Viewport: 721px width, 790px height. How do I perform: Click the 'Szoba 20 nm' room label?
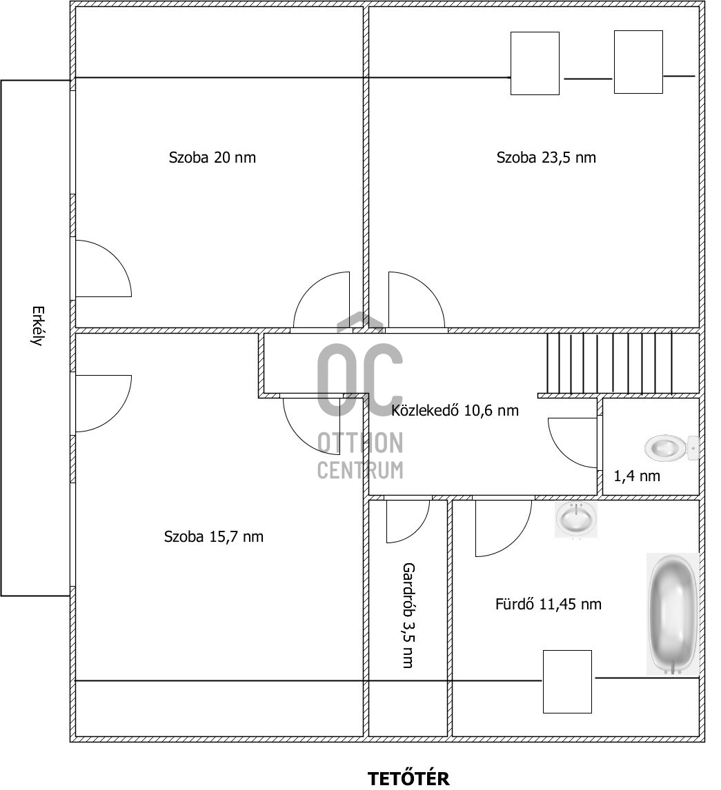[x=213, y=158]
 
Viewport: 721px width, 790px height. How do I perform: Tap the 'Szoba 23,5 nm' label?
[x=546, y=158]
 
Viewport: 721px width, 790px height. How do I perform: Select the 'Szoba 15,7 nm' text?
[x=214, y=536]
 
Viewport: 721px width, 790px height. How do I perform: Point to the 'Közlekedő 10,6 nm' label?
[x=455, y=410]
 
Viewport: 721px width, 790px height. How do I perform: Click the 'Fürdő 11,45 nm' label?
[x=549, y=604]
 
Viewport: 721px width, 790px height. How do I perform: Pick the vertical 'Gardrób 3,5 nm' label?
[x=408, y=615]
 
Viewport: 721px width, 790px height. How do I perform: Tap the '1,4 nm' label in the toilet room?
[x=637, y=476]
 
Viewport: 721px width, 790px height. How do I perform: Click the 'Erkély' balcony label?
[x=37, y=325]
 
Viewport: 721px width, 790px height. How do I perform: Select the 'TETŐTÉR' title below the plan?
[x=408, y=778]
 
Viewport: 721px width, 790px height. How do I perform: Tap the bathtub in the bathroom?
[x=673, y=614]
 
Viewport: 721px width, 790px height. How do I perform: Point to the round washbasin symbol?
[x=576, y=519]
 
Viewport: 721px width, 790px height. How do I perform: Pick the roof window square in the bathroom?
[x=567, y=682]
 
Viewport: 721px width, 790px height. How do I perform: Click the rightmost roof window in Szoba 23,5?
[x=638, y=62]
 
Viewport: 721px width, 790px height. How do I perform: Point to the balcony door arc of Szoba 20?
[x=121, y=262]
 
